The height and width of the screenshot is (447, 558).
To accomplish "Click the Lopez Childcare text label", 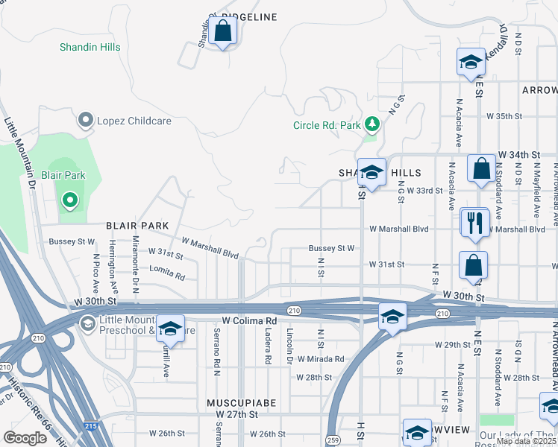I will [135, 121].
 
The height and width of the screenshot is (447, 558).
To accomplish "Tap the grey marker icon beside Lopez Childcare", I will [86, 120].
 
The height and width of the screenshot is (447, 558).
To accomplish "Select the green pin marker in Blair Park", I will [69, 200].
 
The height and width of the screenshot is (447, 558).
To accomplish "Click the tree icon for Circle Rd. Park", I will [372, 124].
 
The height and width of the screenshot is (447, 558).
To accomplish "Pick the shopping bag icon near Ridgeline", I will [222, 31].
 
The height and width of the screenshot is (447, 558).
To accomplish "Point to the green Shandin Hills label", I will [90, 47].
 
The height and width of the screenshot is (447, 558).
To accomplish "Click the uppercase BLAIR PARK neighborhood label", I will [137, 225].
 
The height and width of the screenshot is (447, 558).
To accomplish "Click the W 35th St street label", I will [504, 116].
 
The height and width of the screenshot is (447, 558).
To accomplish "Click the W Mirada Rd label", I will [319, 358].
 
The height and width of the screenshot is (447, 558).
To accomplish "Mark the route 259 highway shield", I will [332, 440].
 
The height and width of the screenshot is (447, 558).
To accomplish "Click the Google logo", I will [25, 438].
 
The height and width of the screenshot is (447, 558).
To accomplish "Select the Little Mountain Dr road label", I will [20, 153].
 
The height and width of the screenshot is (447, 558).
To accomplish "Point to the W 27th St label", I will [236, 413].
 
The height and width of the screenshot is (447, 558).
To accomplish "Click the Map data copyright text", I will [526, 442].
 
